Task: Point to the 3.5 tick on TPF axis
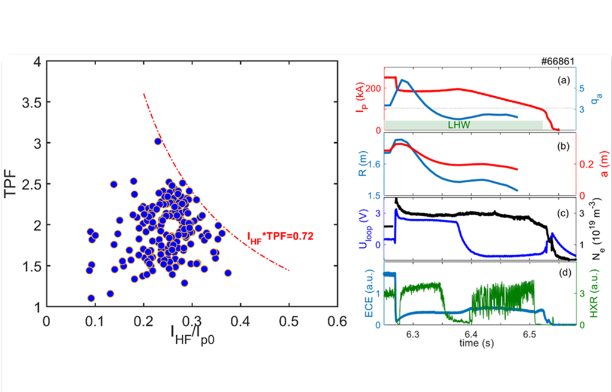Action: click(x=30, y=102)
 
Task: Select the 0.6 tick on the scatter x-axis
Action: click(x=338, y=321)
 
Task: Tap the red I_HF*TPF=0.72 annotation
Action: click(x=281, y=237)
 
